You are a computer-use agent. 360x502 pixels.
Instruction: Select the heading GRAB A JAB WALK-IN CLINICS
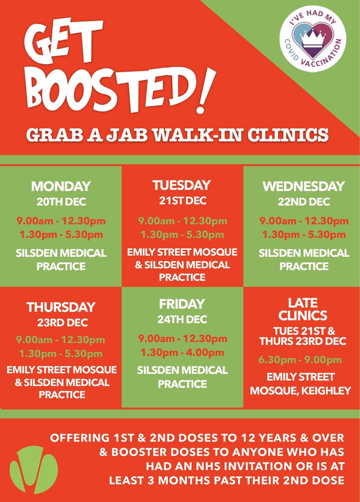click(x=178, y=136)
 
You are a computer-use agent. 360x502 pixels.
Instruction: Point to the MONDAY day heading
click(x=61, y=186)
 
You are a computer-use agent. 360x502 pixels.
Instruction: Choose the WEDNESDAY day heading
click(x=303, y=186)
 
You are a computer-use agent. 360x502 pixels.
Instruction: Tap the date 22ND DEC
click(x=303, y=202)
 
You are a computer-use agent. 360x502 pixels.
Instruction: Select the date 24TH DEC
click(x=182, y=320)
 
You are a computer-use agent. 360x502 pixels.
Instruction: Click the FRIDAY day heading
click(x=182, y=304)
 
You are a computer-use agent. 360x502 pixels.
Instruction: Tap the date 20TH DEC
click(x=61, y=202)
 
